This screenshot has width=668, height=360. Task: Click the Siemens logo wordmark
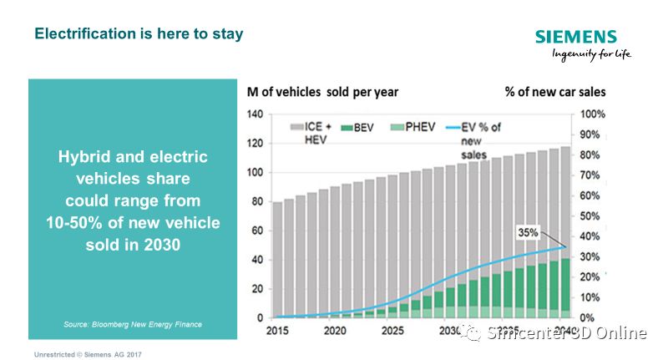point(575,37)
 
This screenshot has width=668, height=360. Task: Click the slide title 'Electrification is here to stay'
point(139,35)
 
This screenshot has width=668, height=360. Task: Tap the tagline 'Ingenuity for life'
point(591,54)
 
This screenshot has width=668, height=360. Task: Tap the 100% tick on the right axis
point(592,114)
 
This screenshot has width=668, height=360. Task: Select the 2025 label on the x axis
point(392,332)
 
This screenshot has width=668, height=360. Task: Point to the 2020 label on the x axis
point(336,332)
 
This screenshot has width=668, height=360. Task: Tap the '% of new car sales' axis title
point(555,91)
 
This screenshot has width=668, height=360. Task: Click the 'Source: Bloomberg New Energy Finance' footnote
point(133,324)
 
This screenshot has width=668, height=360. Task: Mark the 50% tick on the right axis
point(592,216)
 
